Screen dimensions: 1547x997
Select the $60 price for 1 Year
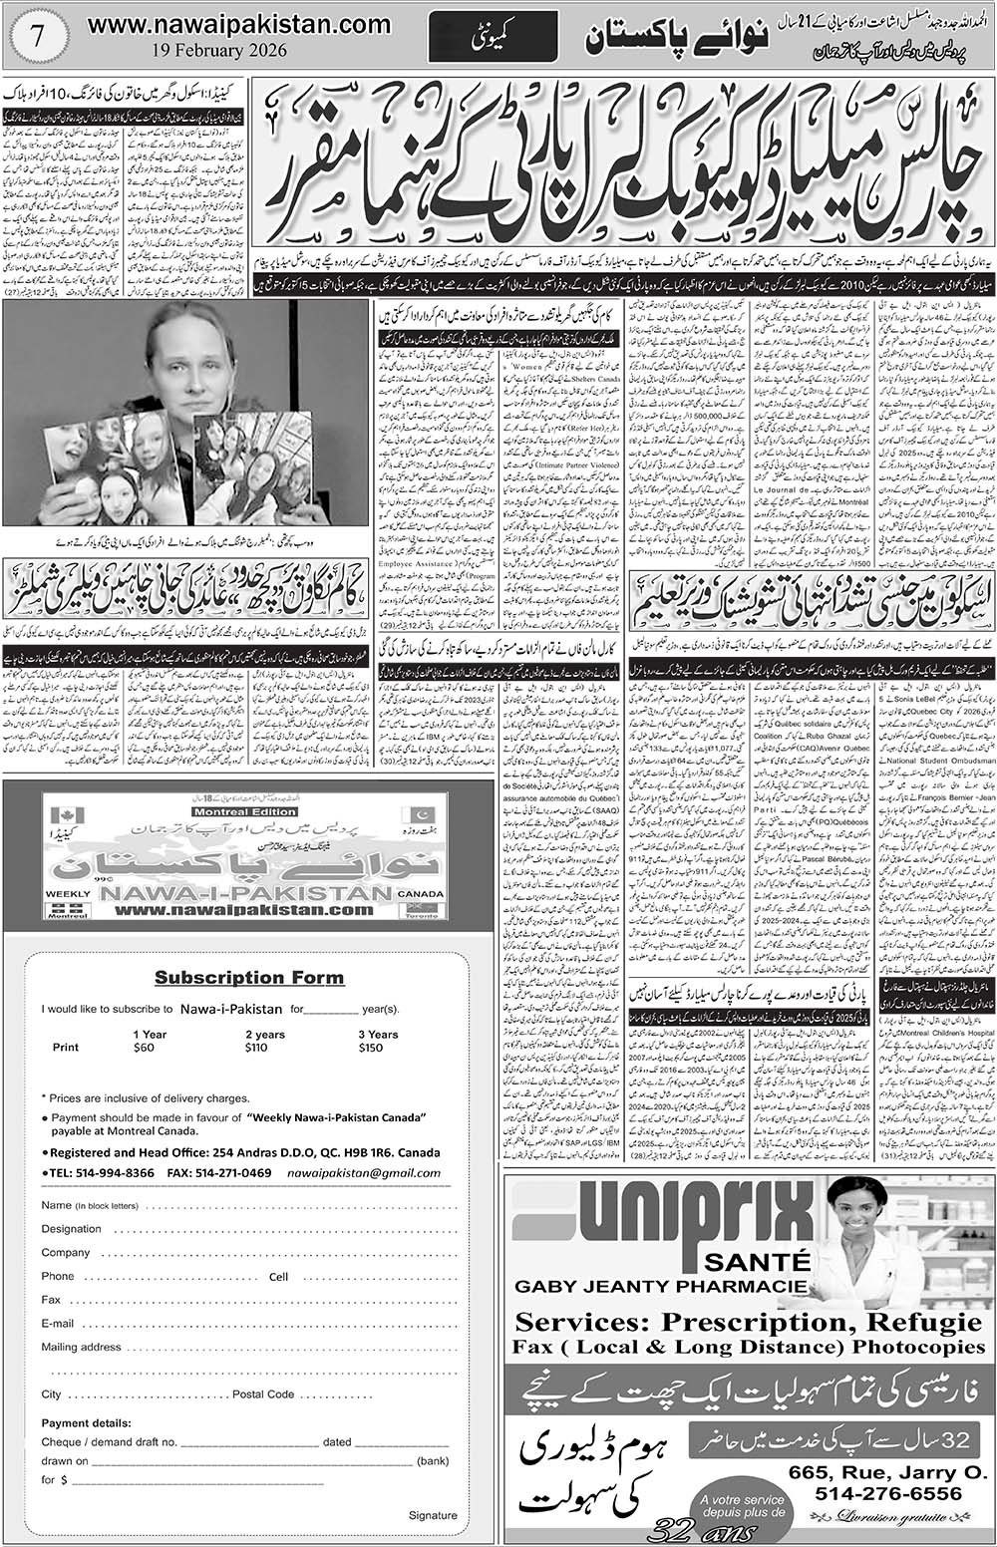click(x=145, y=1048)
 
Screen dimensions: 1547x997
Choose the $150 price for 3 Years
click(x=371, y=1048)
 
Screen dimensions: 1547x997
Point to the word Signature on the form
click(x=433, y=1515)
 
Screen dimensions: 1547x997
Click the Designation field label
click(x=72, y=1229)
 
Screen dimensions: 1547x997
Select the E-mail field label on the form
click(x=58, y=1324)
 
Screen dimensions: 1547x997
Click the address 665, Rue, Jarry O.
click(x=861, y=1470)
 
